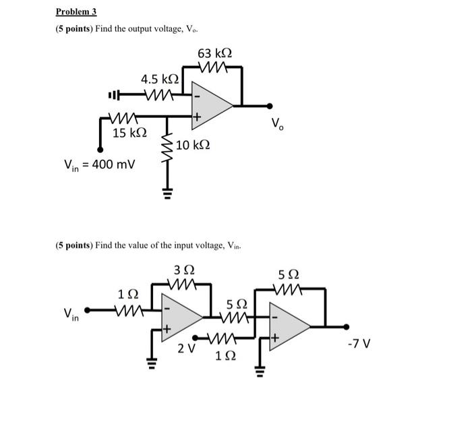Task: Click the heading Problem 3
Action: (76, 11)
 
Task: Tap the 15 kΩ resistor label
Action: (129, 133)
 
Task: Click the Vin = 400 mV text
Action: (99, 164)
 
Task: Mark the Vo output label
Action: (277, 123)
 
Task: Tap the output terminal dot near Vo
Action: (270, 105)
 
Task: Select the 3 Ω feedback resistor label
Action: (183, 271)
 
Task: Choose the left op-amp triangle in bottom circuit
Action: (181, 315)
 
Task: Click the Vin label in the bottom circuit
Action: (71, 313)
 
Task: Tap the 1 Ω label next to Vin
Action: (128, 295)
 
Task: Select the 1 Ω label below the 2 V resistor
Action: (223, 356)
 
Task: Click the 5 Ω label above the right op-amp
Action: (289, 274)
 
